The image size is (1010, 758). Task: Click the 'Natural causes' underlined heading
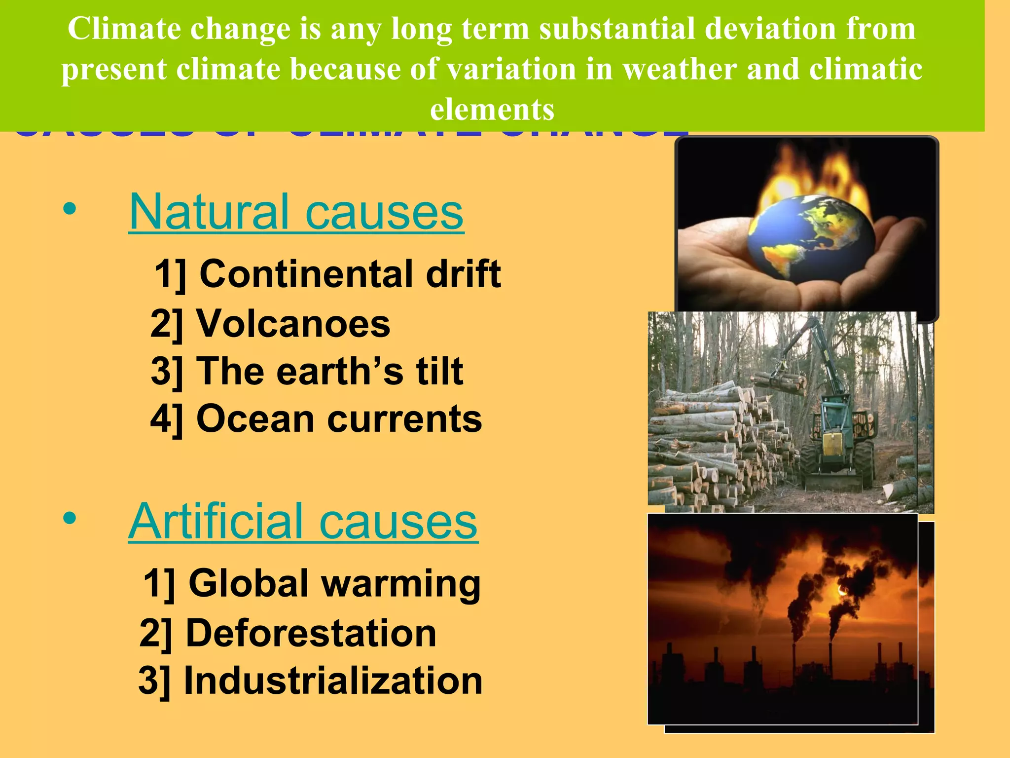(x=296, y=212)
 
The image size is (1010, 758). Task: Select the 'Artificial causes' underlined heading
(x=303, y=522)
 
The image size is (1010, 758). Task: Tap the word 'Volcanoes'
(x=293, y=324)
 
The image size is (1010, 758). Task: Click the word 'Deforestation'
(x=311, y=633)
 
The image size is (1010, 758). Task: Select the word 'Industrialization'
(x=333, y=681)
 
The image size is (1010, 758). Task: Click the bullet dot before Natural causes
(x=70, y=209)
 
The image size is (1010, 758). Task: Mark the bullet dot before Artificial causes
(x=70, y=519)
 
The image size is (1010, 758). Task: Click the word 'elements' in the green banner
(x=492, y=110)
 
